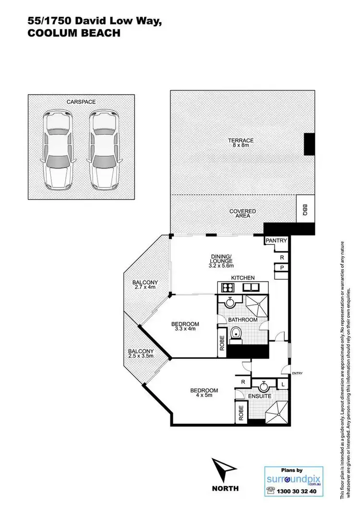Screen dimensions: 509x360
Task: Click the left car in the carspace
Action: pyautogui.click(x=58, y=149)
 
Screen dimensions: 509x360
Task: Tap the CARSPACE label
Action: pyautogui.click(x=81, y=102)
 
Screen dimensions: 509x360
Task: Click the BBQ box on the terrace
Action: pyautogui.click(x=304, y=209)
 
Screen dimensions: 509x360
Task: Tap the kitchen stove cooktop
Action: pyautogui.click(x=227, y=287)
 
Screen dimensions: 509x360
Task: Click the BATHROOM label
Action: pyautogui.click(x=242, y=320)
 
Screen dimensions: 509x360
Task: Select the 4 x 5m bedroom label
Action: pyautogui.click(x=204, y=393)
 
